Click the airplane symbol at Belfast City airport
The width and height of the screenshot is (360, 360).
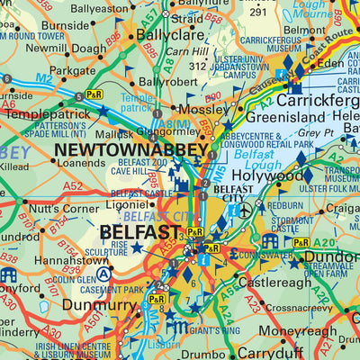(x=248, y=210)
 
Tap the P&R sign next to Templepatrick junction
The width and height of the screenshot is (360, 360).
(x=94, y=94)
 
